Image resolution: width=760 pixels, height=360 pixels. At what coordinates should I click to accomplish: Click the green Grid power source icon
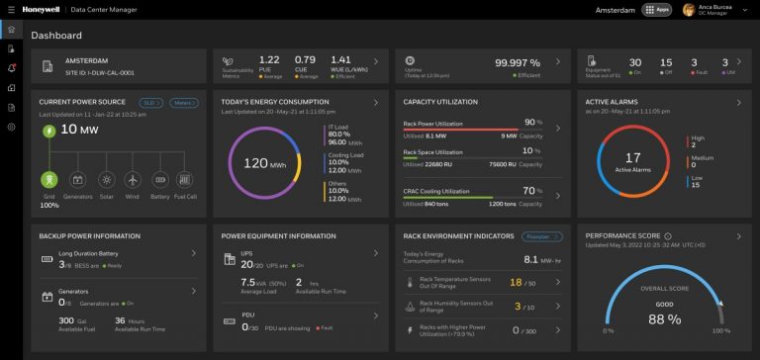pos(47,181)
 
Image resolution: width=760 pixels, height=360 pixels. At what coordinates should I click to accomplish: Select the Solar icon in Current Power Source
pos(105,181)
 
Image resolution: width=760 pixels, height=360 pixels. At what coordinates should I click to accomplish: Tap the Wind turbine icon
pos(132,181)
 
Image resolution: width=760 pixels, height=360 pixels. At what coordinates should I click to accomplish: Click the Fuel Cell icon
pos(182,181)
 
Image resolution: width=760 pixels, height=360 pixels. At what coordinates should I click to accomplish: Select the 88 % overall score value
pos(656,319)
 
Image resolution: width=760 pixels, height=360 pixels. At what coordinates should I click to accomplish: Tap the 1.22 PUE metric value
pos(268,59)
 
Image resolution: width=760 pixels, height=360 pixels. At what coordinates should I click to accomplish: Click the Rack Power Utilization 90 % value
pos(532,122)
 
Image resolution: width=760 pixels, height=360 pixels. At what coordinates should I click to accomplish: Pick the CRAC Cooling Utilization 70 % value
pos(532,190)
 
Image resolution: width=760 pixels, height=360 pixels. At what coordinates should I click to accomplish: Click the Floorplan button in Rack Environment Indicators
pos(537,237)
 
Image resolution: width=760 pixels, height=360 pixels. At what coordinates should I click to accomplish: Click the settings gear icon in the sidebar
pos(11,127)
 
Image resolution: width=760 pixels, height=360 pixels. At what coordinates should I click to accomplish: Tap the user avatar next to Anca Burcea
pos(688,10)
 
